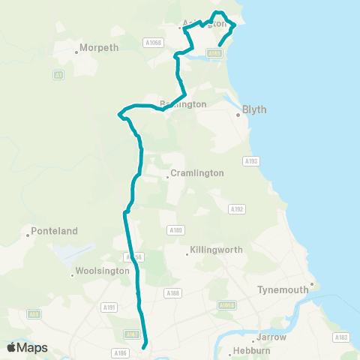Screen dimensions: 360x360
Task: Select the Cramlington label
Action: click(196, 172)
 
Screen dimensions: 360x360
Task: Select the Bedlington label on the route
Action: click(183, 104)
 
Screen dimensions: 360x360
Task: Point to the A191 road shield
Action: click(110, 307)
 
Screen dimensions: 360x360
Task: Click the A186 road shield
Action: click(118, 352)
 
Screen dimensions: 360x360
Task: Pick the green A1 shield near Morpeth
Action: click(58, 74)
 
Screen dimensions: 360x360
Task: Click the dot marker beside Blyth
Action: click(238, 115)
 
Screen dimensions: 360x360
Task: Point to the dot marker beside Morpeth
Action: click(77, 52)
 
